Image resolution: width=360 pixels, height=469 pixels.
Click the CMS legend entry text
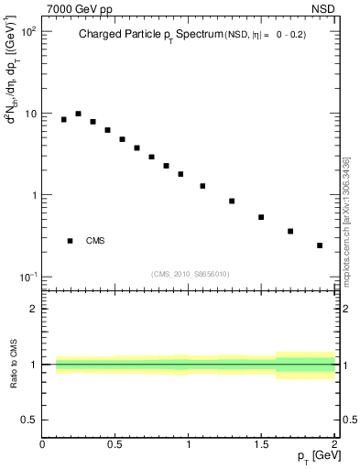tap(95, 241)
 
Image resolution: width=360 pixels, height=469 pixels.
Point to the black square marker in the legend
tap(71, 241)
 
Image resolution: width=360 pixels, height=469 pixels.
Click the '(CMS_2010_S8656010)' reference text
tap(190, 274)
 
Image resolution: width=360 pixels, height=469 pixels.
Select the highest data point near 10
tap(79, 114)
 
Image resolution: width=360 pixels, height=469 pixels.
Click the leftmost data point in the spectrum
tap(64, 119)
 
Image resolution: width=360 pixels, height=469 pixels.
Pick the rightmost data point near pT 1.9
tap(320, 245)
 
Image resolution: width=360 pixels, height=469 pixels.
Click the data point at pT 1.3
tap(232, 201)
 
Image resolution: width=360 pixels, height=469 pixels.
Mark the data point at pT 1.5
tap(261, 217)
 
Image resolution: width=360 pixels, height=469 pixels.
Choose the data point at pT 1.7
tap(290, 231)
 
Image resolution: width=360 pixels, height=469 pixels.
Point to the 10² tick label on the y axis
tap(27, 32)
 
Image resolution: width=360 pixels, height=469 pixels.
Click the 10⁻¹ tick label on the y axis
tap(27, 277)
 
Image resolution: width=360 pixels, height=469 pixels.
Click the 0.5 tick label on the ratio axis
tap(30, 420)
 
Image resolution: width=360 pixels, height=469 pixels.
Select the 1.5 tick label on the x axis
tap(261, 444)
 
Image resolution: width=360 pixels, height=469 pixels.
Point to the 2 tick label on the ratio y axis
tap(34, 309)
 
